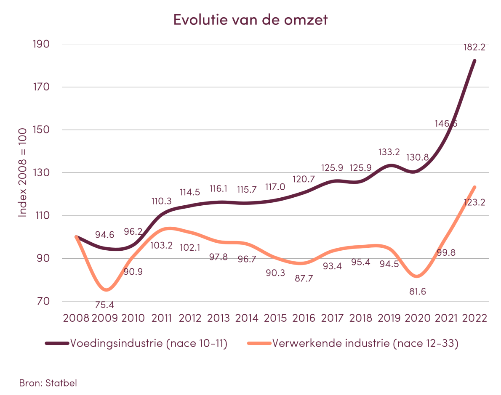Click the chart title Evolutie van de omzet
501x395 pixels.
250,20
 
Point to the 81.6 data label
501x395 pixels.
417,291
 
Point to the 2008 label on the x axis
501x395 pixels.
76,318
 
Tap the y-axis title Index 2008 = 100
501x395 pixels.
23,173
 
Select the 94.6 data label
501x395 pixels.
104,235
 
